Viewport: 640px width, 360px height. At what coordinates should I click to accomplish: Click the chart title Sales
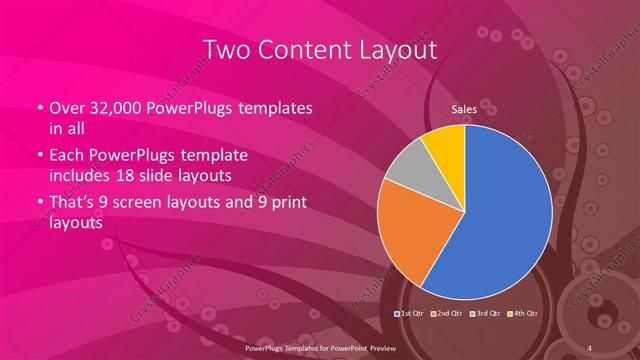(x=464, y=109)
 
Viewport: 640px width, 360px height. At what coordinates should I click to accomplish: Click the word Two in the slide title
(x=226, y=49)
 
